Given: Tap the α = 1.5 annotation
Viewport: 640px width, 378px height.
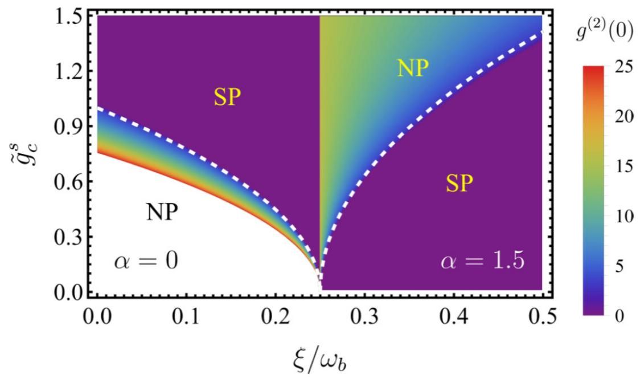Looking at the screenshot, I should point(483,262).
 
